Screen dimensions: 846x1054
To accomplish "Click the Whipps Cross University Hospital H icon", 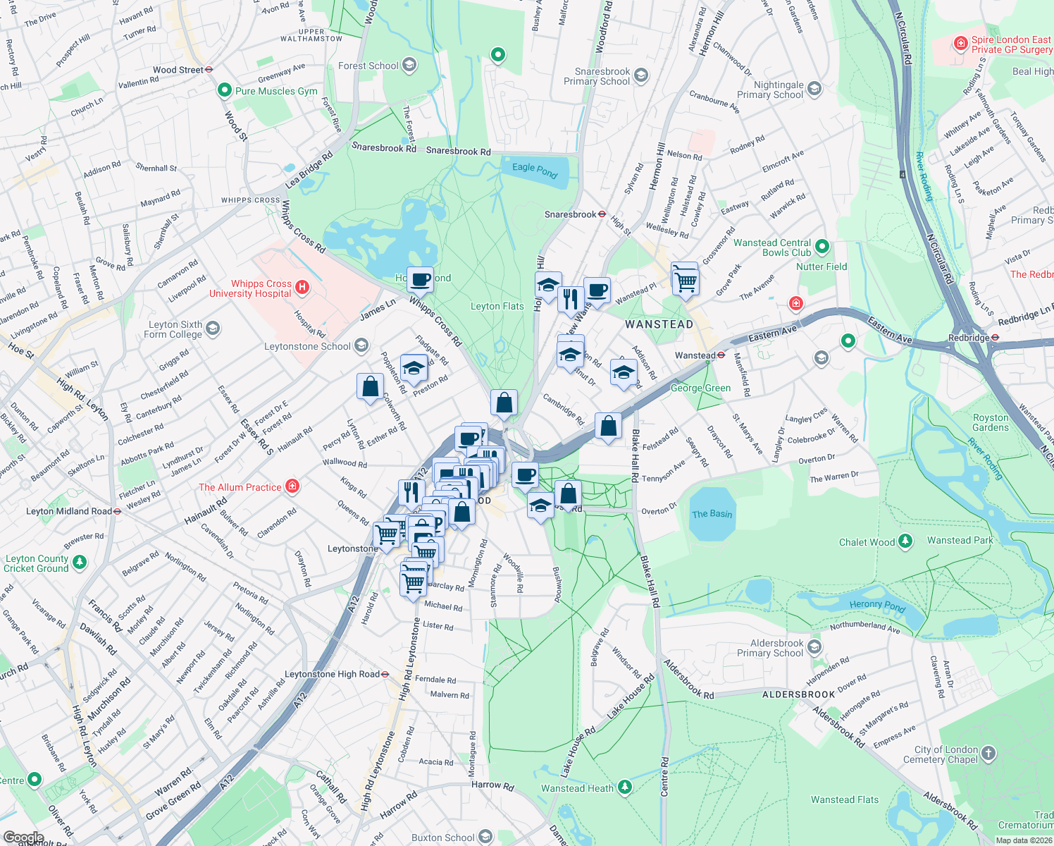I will tap(302, 287).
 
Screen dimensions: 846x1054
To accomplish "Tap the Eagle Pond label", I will tap(535, 170).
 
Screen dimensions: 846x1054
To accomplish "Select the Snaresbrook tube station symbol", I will tap(602, 214).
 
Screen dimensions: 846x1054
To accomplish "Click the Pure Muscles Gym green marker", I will tap(225, 90).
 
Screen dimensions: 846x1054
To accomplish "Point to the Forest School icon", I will tap(409, 66).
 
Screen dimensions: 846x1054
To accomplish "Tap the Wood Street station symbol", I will tap(209, 70).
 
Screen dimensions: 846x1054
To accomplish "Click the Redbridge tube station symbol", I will tap(995, 338).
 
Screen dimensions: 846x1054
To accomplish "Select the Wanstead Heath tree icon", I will tap(624, 787).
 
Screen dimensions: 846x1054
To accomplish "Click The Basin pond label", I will tap(712, 514).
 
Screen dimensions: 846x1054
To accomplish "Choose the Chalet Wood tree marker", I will tap(905, 541).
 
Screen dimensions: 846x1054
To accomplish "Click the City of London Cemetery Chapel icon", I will tap(988, 753).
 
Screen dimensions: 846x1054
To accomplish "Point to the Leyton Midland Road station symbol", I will tap(117, 511).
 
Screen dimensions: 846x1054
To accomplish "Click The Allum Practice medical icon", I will tap(292, 486).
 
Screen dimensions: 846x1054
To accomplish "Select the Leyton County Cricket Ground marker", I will tap(80, 562).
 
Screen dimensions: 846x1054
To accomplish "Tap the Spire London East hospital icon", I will tap(960, 44).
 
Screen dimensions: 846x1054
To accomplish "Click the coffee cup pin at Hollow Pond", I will tap(421, 279).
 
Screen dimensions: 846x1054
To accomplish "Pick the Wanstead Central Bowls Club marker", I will tap(821, 247).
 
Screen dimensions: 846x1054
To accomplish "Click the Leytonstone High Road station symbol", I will tap(385, 674).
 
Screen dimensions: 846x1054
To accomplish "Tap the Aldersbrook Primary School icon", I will tap(814, 647).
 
